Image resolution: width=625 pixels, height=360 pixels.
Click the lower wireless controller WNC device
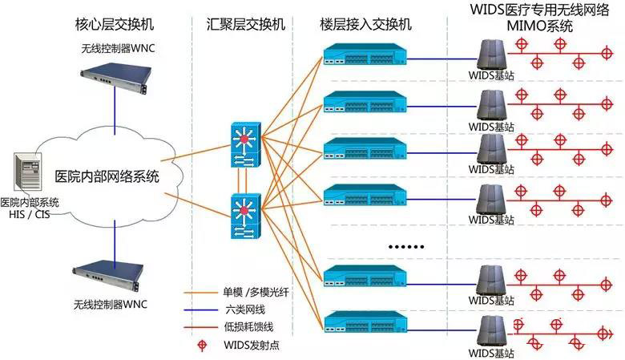(114, 274)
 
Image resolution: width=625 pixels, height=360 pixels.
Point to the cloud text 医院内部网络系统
(107, 177)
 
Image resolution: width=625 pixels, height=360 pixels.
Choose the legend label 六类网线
(244, 309)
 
